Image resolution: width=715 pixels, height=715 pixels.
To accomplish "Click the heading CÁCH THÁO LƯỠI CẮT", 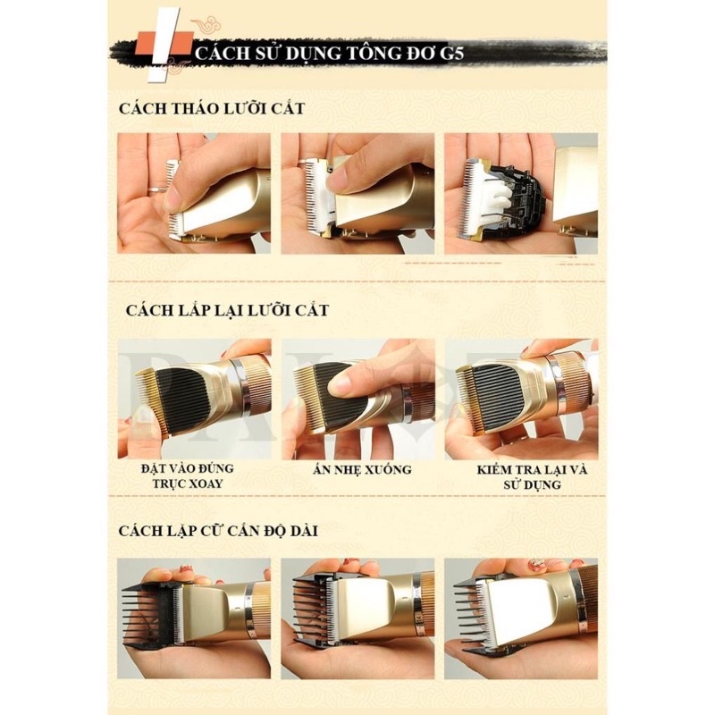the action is (212, 108).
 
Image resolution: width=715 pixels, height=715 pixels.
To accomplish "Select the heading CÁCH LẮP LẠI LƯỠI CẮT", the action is (227, 310).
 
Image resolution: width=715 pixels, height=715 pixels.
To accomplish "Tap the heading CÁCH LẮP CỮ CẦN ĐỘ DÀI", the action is (218, 531).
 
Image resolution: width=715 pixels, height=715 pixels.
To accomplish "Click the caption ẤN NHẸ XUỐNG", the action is (362, 469).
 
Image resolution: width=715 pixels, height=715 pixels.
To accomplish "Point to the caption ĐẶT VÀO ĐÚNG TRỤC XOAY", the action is (188, 475).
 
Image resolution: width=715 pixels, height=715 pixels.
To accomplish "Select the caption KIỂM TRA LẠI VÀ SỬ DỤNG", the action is (532, 476).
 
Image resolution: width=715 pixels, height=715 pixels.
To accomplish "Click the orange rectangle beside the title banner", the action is (160, 43).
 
